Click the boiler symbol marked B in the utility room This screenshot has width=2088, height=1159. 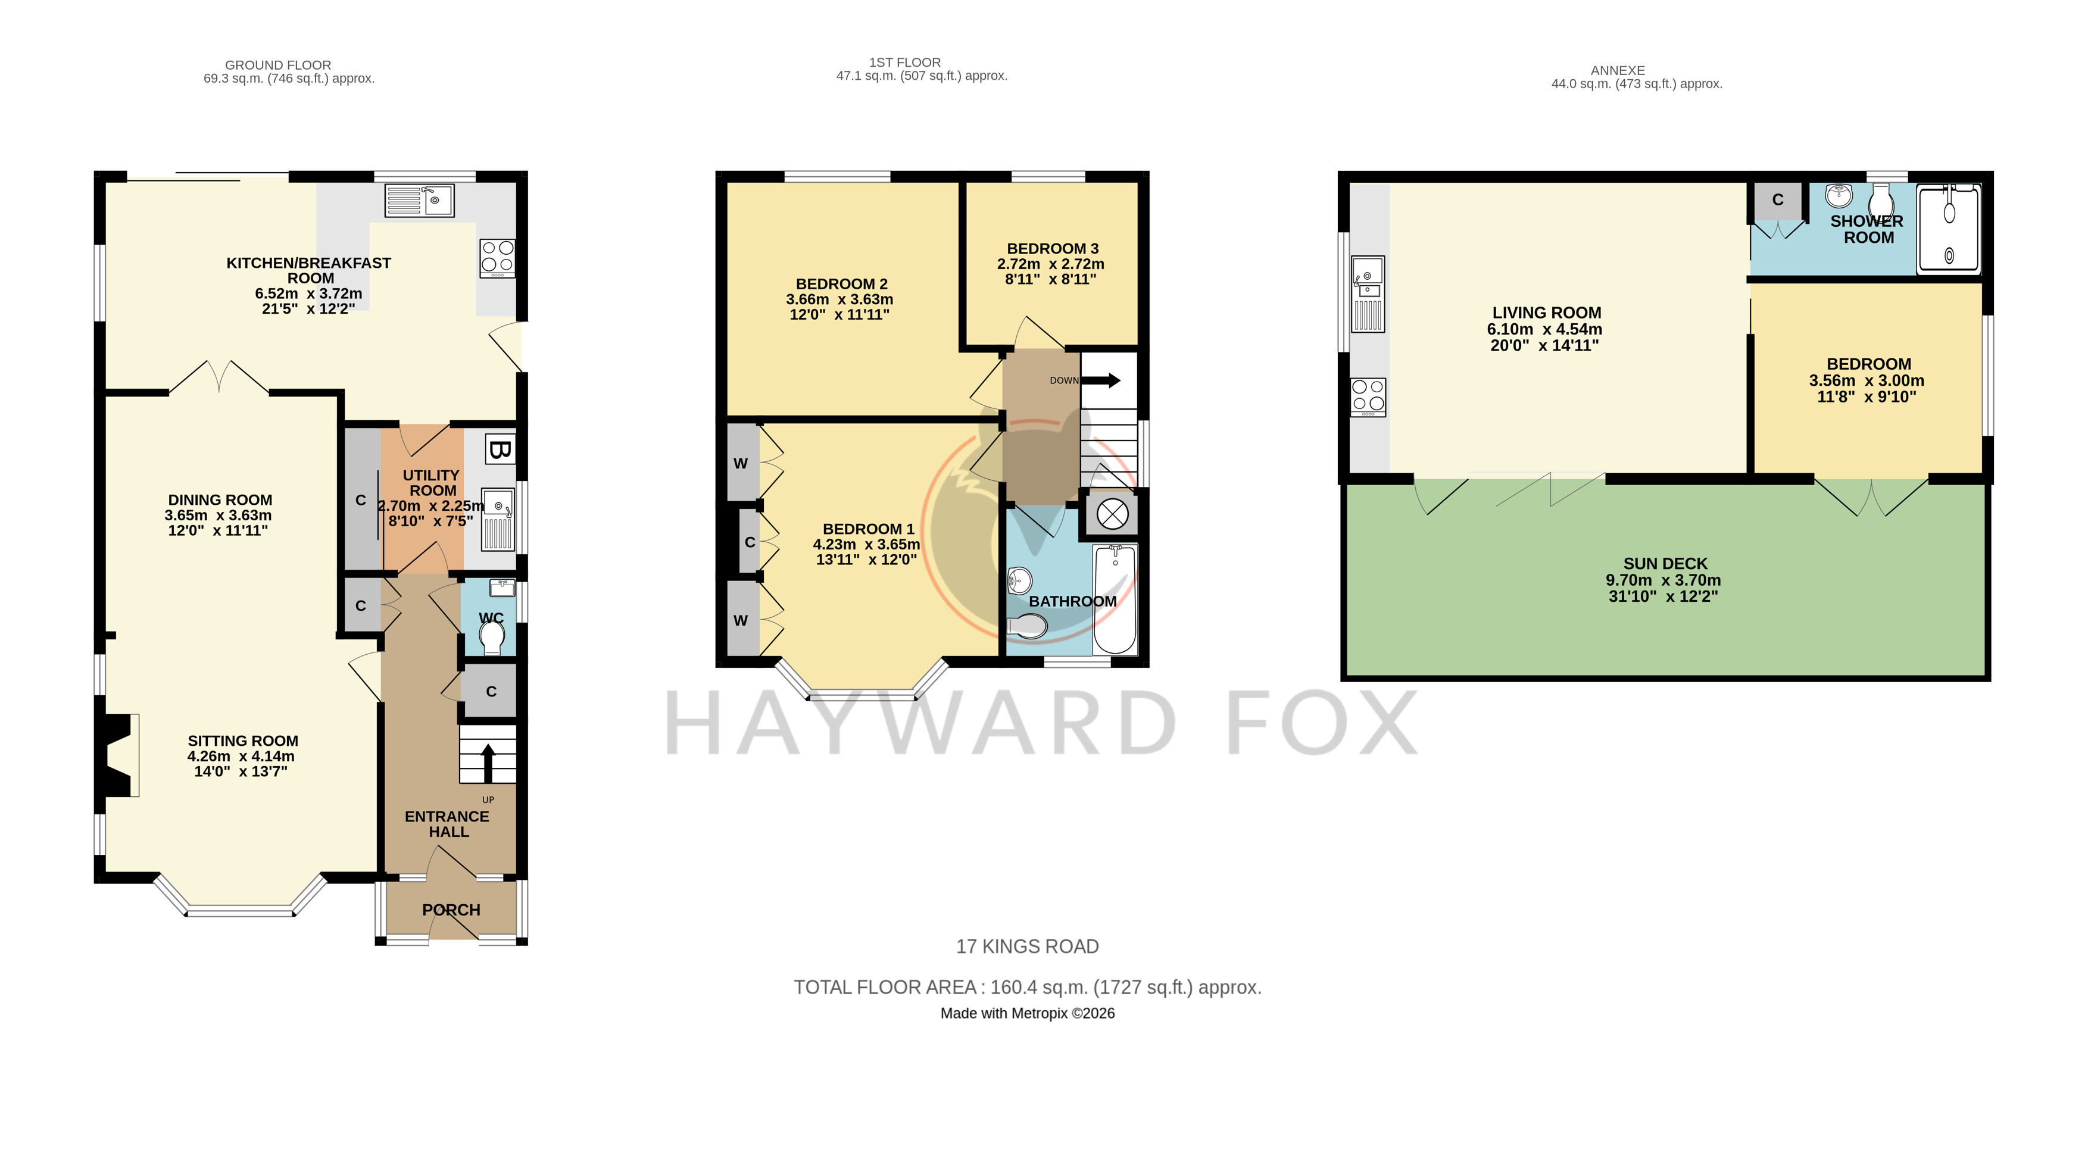(x=500, y=449)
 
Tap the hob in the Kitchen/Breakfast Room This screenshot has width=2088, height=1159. (x=497, y=258)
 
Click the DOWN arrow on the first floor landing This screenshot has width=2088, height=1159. (x=1101, y=380)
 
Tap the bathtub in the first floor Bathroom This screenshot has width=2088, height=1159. (x=1115, y=600)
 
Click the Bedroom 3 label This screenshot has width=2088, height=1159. (x=1053, y=249)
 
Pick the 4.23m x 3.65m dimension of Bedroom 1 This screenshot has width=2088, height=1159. (x=866, y=545)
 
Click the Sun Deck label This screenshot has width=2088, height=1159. (x=1665, y=563)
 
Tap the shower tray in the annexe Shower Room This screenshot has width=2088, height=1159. (x=1949, y=229)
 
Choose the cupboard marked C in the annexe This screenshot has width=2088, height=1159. (x=1778, y=200)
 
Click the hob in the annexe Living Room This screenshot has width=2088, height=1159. (x=1368, y=398)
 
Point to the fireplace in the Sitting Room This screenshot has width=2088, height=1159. (x=117, y=755)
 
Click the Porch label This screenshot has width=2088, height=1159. (x=451, y=910)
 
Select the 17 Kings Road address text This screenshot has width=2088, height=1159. (x=1028, y=946)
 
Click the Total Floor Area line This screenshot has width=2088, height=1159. (x=1028, y=987)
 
